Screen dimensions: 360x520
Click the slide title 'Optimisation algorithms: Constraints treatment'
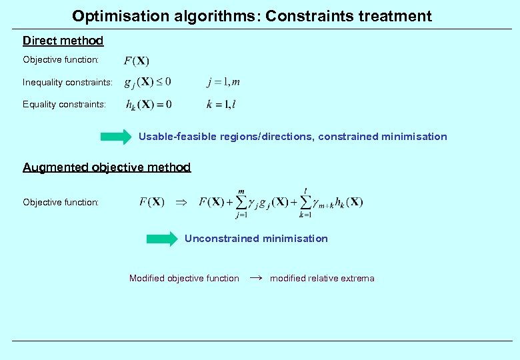click(x=252, y=15)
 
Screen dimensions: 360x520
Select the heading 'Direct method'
click(x=63, y=41)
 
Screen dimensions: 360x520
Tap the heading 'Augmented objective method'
click(x=107, y=167)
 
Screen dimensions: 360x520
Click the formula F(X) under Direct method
click(x=137, y=61)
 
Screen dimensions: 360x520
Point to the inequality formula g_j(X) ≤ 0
click(x=148, y=83)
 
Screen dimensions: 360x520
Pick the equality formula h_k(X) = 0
click(x=149, y=104)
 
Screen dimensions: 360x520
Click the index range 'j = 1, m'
click(x=223, y=82)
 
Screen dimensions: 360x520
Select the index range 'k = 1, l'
click(x=221, y=104)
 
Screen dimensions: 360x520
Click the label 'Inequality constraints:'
click(x=67, y=83)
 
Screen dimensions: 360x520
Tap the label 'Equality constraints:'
click(x=64, y=104)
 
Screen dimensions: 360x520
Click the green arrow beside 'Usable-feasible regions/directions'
click(x=116, y=137)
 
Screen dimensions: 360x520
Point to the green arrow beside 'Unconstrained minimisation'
click(x=163, y=239)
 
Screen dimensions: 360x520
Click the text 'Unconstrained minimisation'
click(x=256, y=239)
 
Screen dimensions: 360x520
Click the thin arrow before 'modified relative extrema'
click(x=255, y=278)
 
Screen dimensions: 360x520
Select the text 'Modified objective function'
click(x=184, y=279)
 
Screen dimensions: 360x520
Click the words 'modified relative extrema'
click(x=322, y=279)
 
